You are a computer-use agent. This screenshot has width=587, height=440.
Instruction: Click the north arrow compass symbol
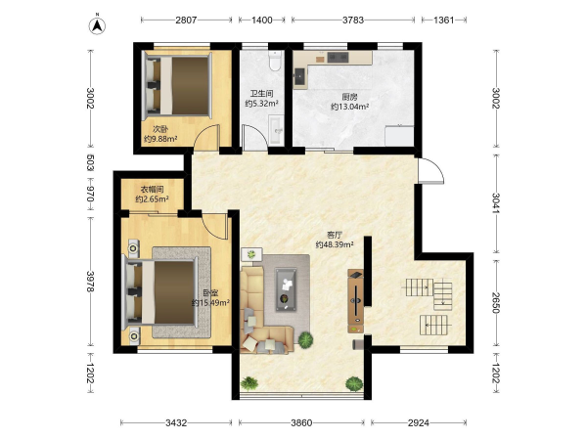point(97,25)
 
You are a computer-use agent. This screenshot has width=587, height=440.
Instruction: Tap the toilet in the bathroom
point(275,61)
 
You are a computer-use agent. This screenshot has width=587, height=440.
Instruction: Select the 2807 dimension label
point(186,20)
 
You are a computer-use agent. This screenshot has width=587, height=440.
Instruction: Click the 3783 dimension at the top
point(353,20)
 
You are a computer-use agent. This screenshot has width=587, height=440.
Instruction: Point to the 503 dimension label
point(90,162)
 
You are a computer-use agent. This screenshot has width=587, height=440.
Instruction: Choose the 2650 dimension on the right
point(496,303)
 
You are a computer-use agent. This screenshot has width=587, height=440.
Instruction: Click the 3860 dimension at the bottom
point(301,422)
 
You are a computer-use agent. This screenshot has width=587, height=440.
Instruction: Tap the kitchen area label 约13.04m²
point(350,107)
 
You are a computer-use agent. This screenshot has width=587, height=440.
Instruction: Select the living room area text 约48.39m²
point(335,244)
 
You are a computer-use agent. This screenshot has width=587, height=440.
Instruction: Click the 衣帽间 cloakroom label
point(152,190)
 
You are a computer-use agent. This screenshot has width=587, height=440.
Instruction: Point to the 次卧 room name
point(160,129)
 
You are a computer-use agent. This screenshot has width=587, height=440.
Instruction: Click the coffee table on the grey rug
point(287,289)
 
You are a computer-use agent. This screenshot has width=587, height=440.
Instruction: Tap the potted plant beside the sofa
point(305,339)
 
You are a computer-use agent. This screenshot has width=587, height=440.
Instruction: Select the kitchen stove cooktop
point(339,57)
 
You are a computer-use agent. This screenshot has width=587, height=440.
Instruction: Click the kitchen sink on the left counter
point(300,76)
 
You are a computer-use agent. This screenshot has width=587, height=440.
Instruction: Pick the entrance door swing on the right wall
point(431,170)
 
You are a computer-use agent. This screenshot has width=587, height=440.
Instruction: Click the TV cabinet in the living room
point(355,301)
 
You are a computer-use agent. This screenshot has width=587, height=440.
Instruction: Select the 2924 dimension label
point(419,422)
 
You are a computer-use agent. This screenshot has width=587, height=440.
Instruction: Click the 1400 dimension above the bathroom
point(261,20)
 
